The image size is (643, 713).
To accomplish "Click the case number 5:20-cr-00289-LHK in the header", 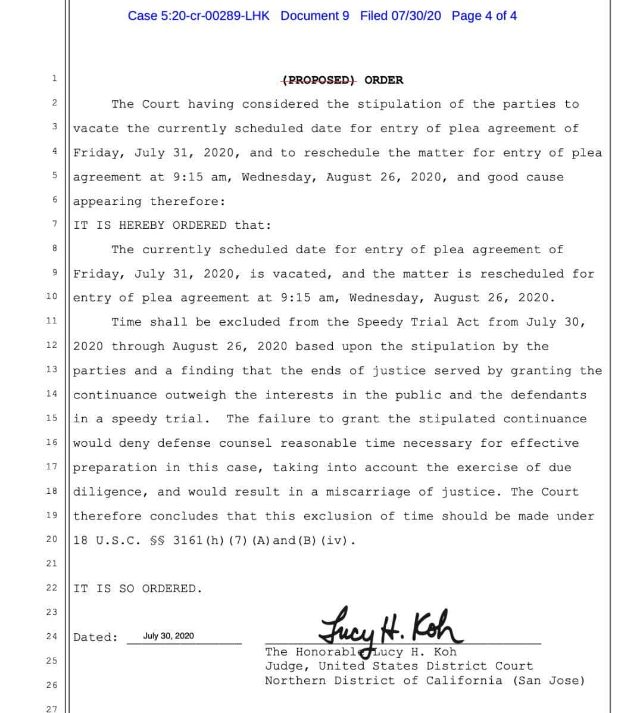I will (x=198, y=16).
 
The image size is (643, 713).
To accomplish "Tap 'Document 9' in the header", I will (x=315, y=16).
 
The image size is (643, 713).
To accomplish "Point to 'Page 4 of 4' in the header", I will (x=484, y=16).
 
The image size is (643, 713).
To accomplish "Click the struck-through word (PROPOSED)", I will (x=319, y=80).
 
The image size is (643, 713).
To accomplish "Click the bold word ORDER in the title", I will (x=383, y=80).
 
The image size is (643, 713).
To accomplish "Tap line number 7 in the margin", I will (x=54, y=224).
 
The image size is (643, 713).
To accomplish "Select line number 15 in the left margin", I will (x=52, y=418).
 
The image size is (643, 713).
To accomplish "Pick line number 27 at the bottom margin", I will (x=52, y=709).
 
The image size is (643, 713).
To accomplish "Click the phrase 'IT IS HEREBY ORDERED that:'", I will (x=173, y=225).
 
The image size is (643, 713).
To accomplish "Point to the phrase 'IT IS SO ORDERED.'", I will (x=138, y=589).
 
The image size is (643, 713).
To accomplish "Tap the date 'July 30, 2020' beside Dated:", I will (x=168, y=636).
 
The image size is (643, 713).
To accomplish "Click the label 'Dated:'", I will (x=95, y=637).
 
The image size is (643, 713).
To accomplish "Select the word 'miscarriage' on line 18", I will (x=368, y=492).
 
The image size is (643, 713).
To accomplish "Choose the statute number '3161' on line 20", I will (x=188, y=541).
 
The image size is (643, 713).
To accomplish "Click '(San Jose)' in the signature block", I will (x=548, y=680).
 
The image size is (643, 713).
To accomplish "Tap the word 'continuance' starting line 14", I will (x=115, y=395).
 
